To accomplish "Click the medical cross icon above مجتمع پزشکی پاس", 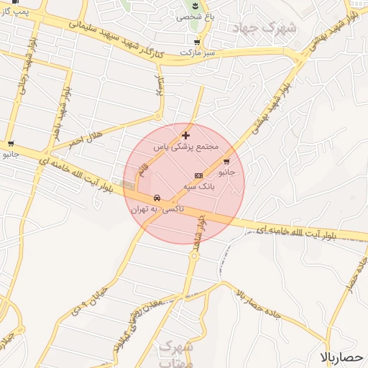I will [186, 135].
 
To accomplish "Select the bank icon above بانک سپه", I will [198, 175].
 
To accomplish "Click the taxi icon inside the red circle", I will [156, 198].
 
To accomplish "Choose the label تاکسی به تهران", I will [157, 209].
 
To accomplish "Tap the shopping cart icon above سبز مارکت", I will [196, 42].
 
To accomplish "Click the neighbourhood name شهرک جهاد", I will [264, 29].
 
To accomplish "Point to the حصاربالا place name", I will [343, 357].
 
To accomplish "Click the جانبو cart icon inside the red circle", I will [227, 162].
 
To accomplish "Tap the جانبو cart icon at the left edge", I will [10, 143].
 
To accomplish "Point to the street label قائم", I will [143, 170].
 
